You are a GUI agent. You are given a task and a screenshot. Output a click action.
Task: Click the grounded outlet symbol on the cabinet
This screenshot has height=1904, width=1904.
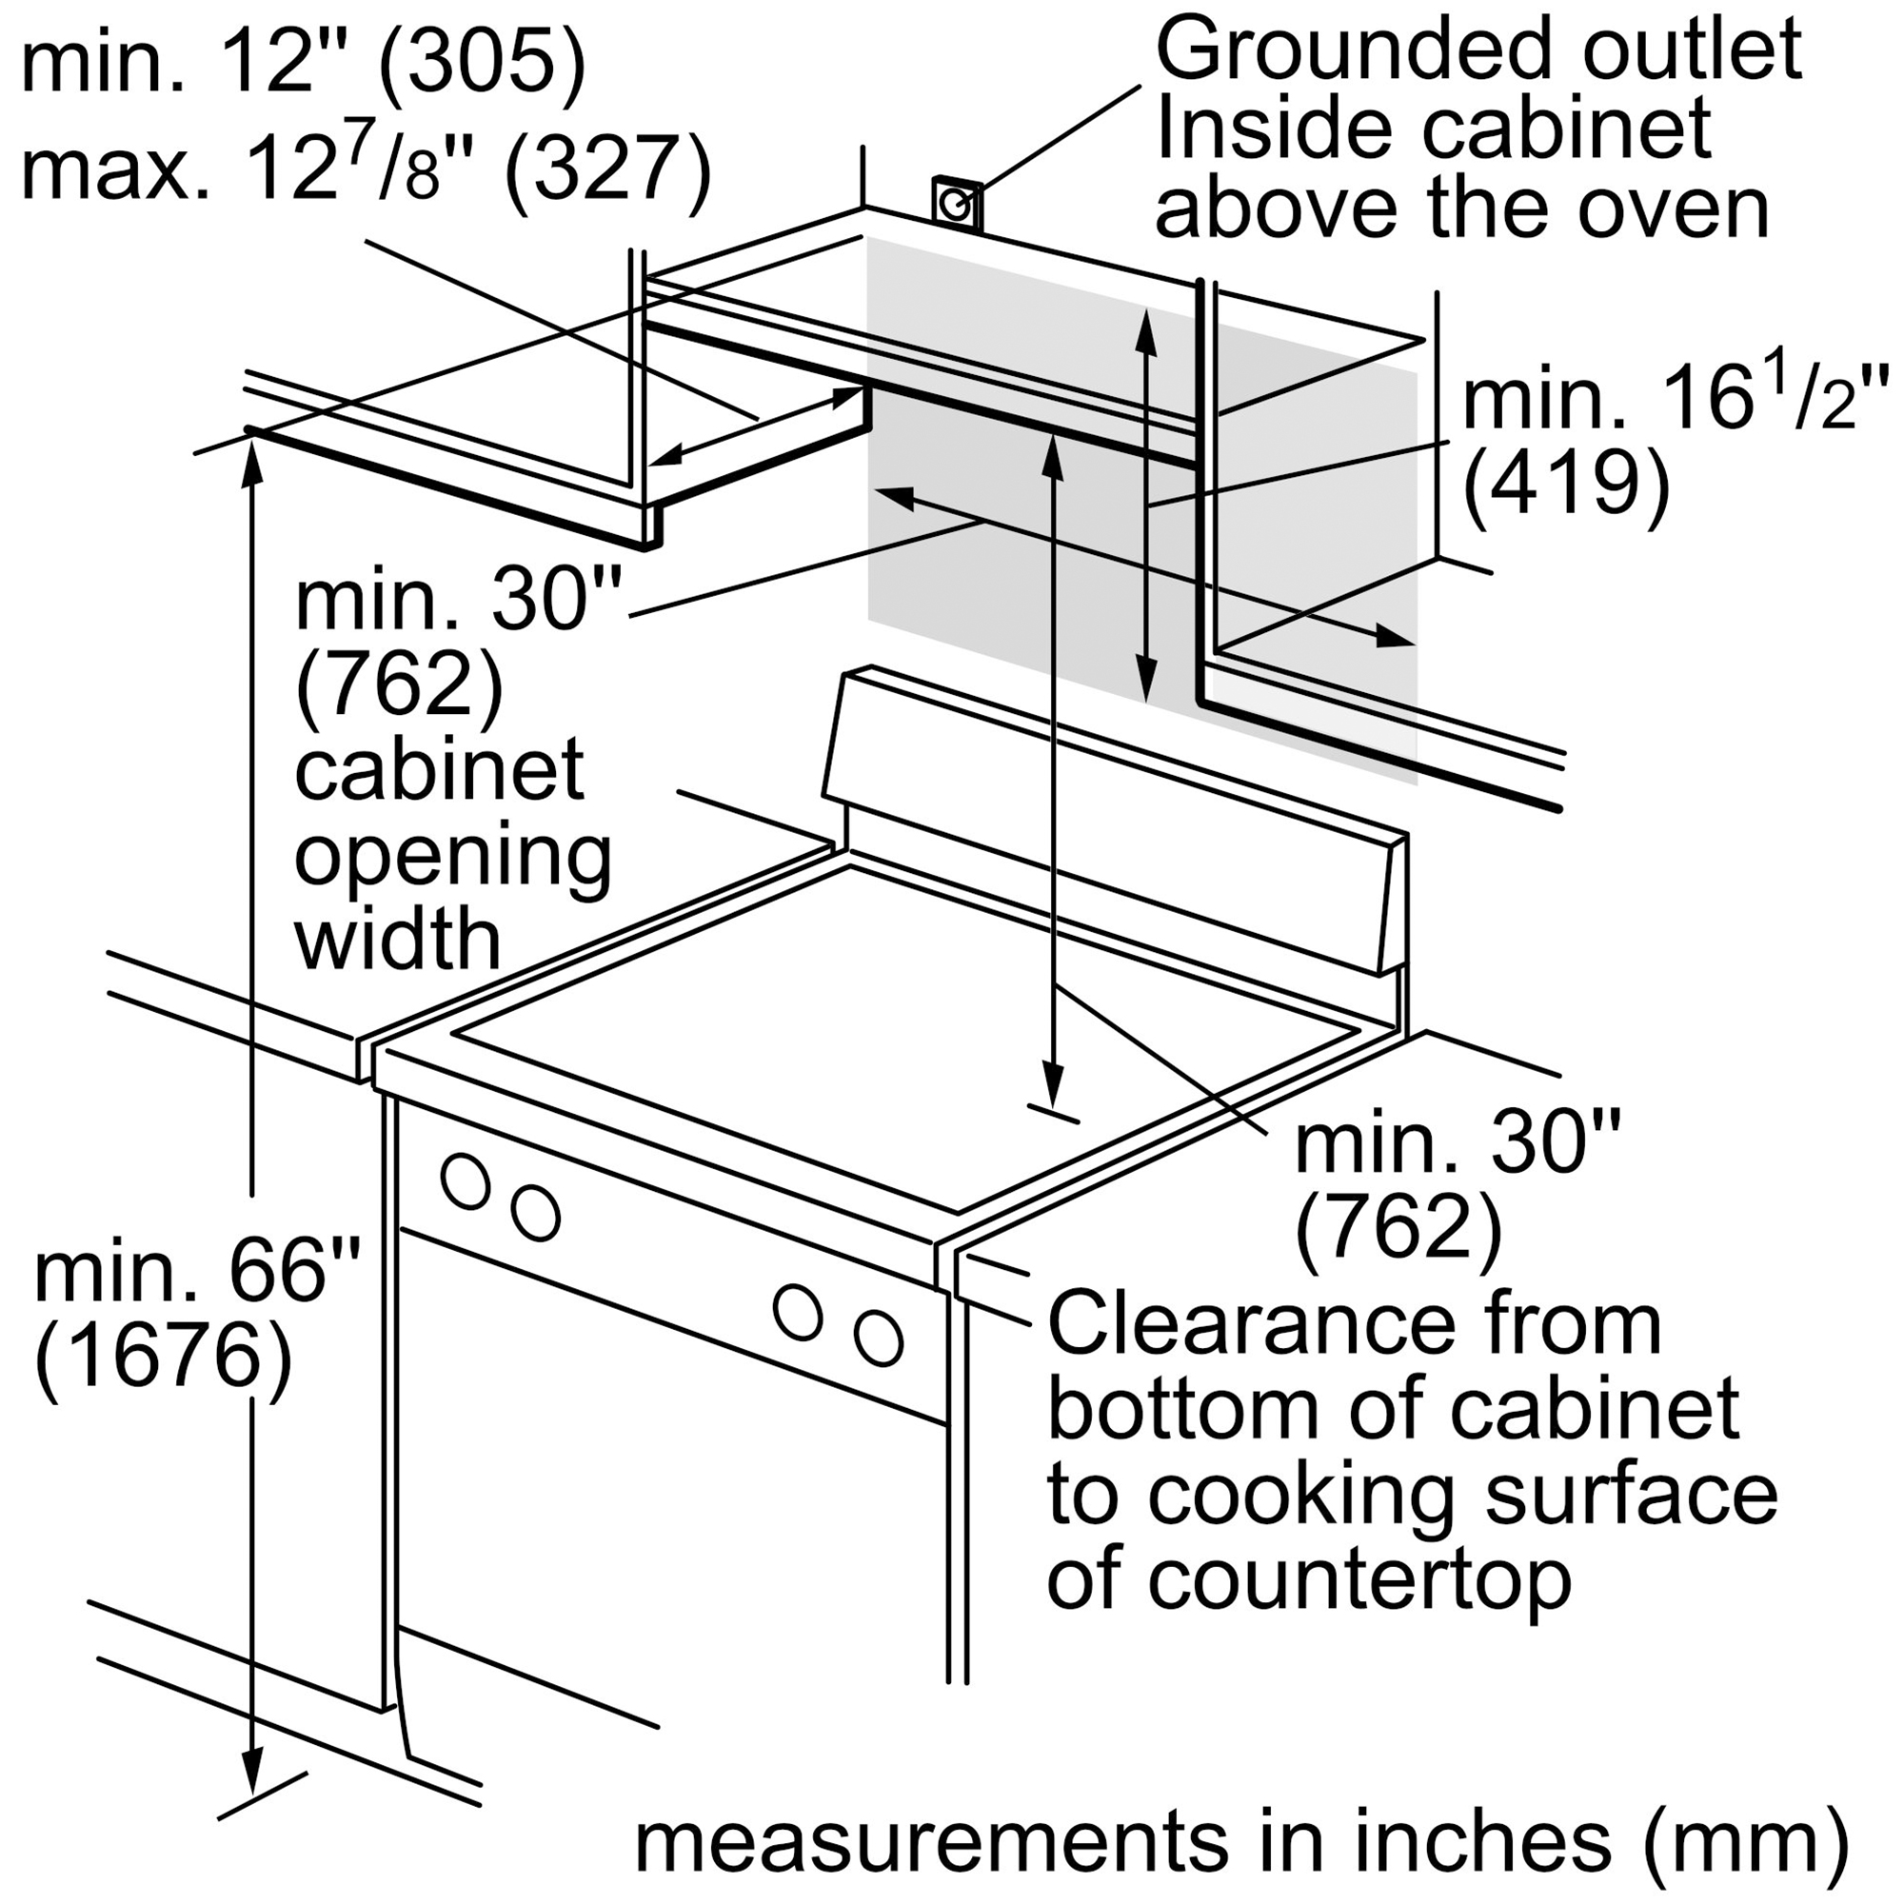pyautogui.click(x=955, y=204)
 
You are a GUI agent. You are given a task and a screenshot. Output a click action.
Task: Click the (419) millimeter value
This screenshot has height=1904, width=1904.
pyautogui.click(x=1566, y=483)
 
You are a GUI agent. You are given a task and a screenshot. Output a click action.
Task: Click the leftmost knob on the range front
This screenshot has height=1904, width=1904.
pyautogui.click(x=466, y=1180)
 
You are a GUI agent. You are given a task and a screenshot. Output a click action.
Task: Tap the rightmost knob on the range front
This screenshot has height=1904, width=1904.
pyautogui.click(x=878, y=1339)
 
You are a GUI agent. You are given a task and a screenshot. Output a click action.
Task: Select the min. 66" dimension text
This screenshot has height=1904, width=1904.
pyautogui.click(x=197, y=1270)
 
